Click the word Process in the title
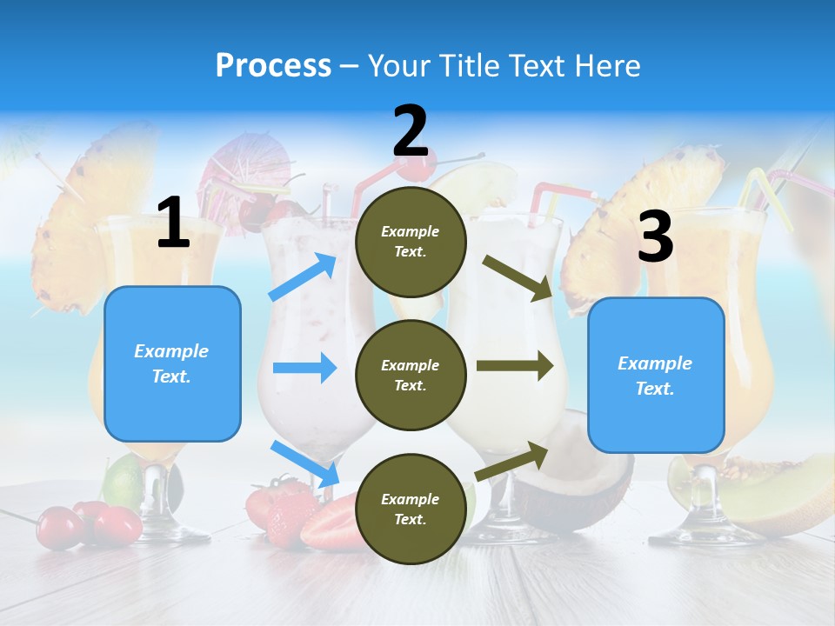click(273, 65)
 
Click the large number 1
click(173, 223)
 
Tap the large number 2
click(411, 131)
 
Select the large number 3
click(655, 237)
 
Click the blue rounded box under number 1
click(172, 363)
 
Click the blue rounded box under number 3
click(656, 376)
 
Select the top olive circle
click(411, 242)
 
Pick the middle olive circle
click(411, 375)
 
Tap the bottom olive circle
click(411, 509)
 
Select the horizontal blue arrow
click(304, 368)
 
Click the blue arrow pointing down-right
click(304, 463)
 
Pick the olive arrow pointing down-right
click(518, 277)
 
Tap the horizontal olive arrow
click(515, 366)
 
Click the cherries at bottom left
click(91, 524)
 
